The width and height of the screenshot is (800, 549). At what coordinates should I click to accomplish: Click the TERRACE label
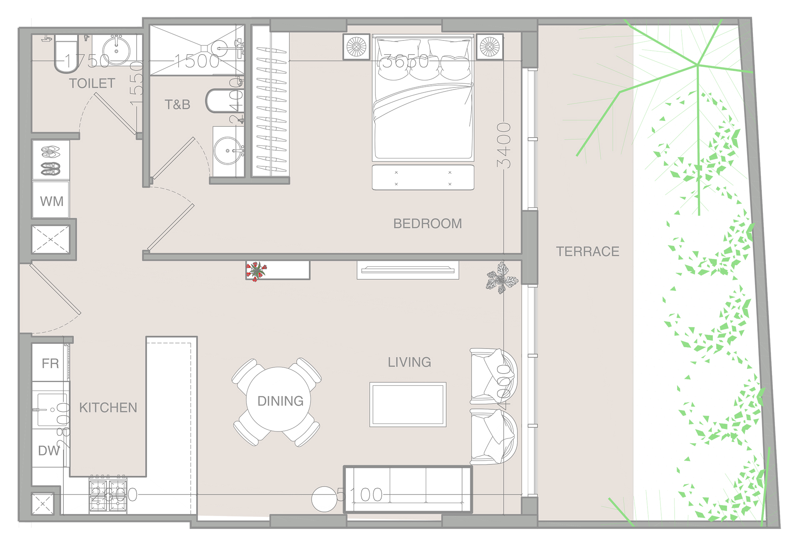(x=587, y=251)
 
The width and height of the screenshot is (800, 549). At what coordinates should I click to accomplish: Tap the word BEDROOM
(x=427, y=223)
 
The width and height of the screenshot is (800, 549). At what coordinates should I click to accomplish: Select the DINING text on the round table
(x=280, y=401)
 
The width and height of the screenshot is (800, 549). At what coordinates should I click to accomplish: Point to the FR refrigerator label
(x=50, y=363)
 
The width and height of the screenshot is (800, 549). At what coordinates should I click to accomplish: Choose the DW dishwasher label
(x=49, y=450)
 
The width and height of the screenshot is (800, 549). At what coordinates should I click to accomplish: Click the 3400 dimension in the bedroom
(x=504, y=145)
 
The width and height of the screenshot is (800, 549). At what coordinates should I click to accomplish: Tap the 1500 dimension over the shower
(x=197, y=61)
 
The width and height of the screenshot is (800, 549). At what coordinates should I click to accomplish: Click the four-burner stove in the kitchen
(x=108, y=495)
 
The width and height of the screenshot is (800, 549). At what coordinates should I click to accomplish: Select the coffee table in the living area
(x=408, y=404)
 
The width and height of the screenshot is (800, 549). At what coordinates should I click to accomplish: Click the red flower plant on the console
(x=255, y=271)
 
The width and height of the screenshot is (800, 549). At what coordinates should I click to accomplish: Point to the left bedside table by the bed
(x=357, y=47)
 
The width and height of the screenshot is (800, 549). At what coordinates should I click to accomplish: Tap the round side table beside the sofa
(x=324, y=499)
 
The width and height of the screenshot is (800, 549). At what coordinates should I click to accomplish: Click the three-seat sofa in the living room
(x=408, y=489)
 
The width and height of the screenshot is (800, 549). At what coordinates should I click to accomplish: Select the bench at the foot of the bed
(x=423, y=178)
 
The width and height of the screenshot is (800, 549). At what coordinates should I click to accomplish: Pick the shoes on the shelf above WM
(x=51, y=160)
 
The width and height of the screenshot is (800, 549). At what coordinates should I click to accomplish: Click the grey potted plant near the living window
(x=501, y=278)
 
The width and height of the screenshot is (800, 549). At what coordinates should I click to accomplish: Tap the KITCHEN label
(x=108, y=407)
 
